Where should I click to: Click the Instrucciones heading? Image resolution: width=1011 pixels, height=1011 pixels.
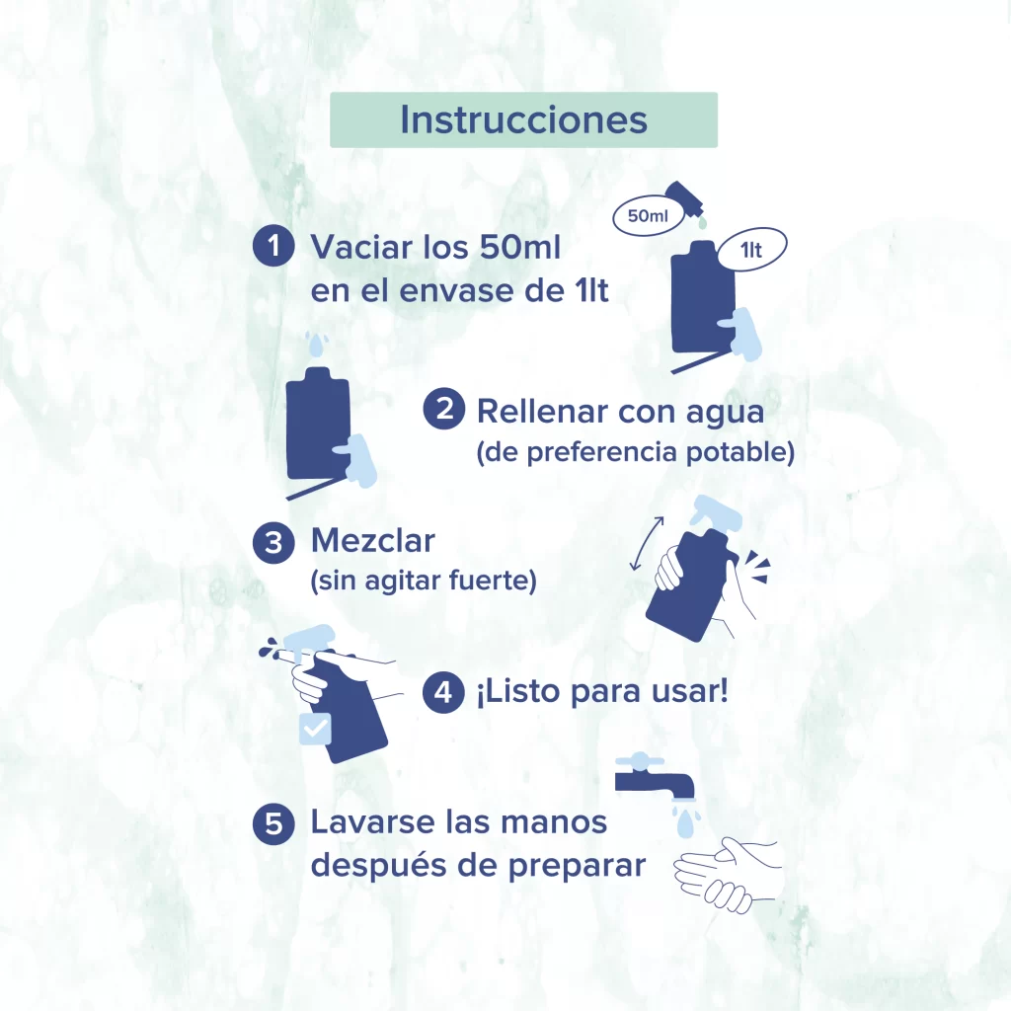point(523,119)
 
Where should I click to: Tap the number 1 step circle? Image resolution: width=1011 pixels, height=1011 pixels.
point(273,245)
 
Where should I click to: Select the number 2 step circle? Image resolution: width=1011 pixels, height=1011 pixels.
point(443,409)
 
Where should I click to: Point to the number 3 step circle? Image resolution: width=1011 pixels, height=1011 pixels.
point(273,543)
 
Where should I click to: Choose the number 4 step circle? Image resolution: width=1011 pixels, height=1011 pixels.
point(443,692)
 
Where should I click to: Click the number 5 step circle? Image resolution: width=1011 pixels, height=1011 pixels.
point(273,823)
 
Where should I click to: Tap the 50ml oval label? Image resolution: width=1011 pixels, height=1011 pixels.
point(648,215)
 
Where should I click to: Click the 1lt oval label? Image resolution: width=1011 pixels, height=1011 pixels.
point(751,250)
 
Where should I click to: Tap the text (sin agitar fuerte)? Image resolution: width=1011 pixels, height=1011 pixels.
point(424,581)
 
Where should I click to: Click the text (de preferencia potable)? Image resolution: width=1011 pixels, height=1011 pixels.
point(635,452)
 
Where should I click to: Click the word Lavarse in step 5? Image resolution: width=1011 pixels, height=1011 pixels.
point(372,822)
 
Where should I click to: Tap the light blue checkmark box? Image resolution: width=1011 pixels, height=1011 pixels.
point(315,729)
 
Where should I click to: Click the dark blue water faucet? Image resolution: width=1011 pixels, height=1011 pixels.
point(655,776)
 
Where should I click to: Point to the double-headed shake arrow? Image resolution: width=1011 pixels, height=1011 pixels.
point(647,544)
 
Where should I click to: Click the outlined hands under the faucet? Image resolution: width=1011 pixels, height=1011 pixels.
point(728,874)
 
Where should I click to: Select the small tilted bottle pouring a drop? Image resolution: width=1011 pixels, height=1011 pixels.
point(685,200)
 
